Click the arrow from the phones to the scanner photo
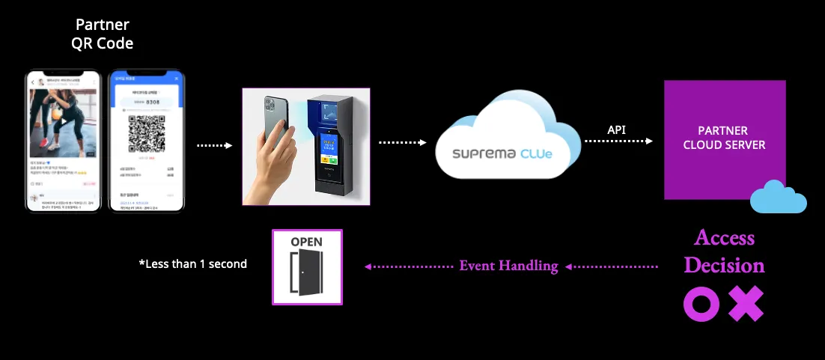tap(216, 145)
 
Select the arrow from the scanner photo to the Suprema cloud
tap(402, 141)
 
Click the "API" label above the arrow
tap(617, 130)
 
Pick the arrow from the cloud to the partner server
tap(618, 141)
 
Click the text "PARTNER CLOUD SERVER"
tap(724, 138)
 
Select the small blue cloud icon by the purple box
tap(778, 198)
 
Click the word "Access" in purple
tap(724, 238)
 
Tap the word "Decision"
tap(724, 265)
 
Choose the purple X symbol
tap(746, 304)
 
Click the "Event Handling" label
tap(508, 266)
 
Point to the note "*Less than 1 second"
tap(192, 263)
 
